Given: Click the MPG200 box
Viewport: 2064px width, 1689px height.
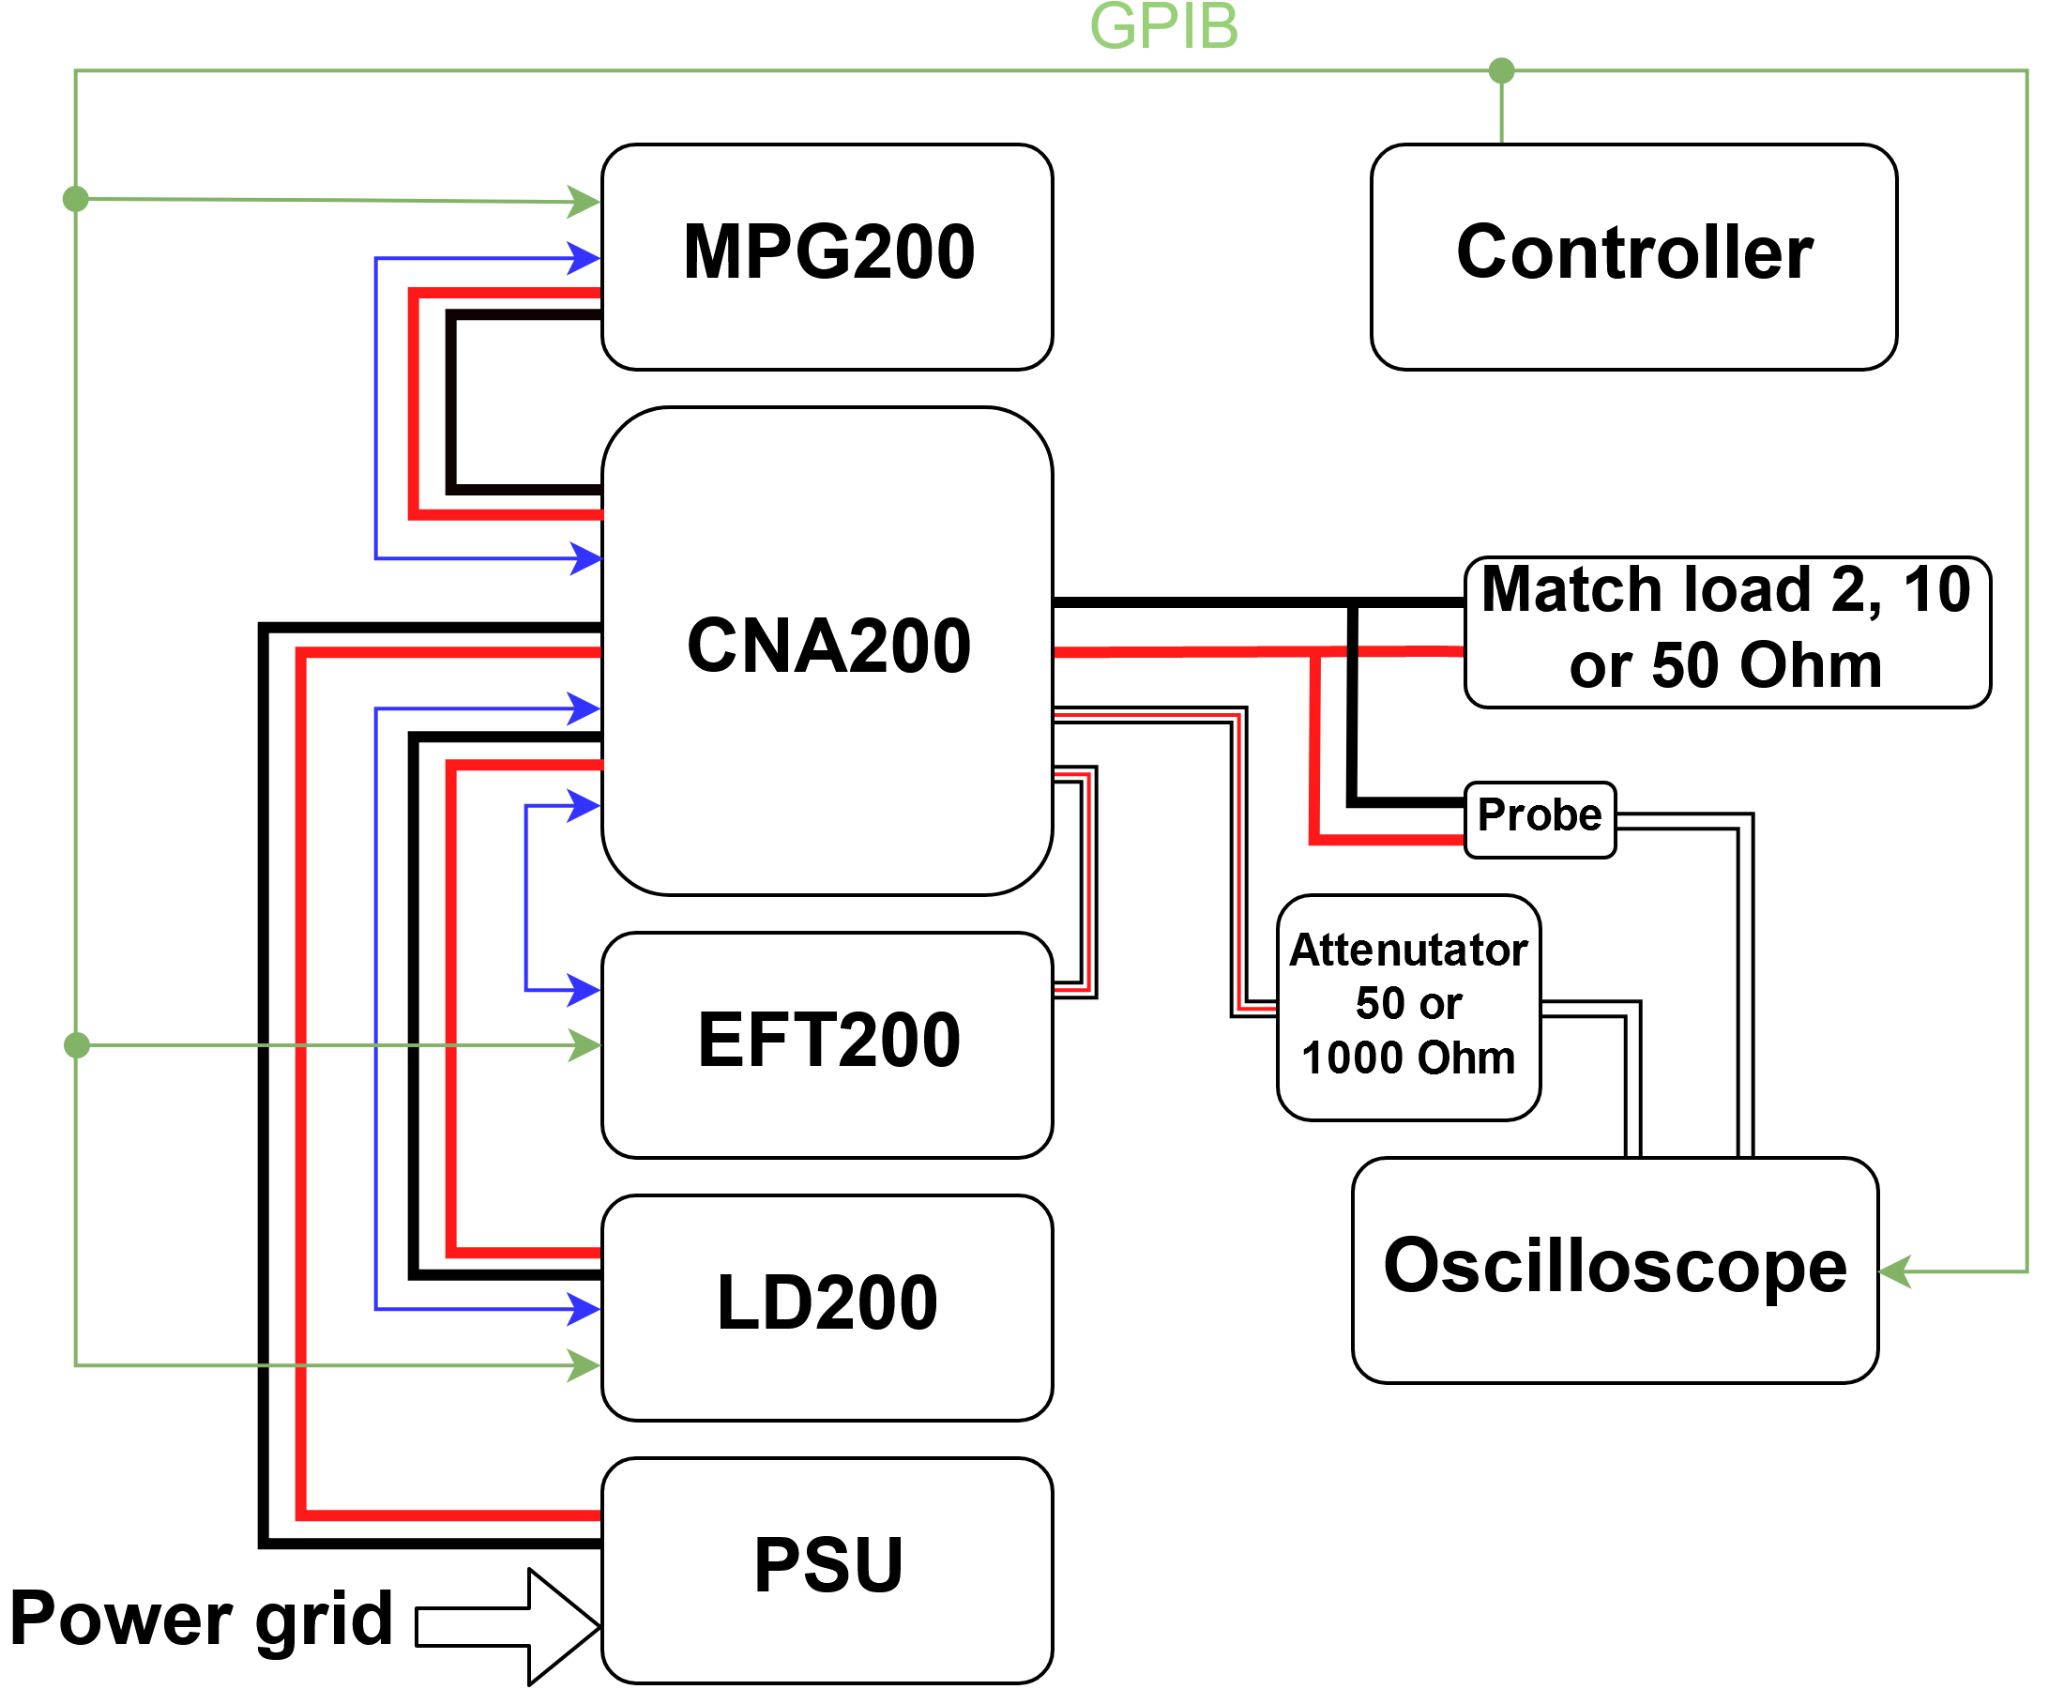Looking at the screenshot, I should pyautogui.click(x=827, y=256).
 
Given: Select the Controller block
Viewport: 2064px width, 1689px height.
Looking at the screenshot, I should pyautogui.click(x=1633, y=256).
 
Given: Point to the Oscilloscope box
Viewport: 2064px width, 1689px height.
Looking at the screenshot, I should pyautogui.click(x=1615, y=1269).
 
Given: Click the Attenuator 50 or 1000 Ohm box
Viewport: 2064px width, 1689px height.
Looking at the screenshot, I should pyautogui.click(x=1408, y=1006).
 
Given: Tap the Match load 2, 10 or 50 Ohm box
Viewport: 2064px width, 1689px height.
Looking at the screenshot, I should pyautogui.click(x=1726, y=631).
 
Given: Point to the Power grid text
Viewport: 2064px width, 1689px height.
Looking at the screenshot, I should pyautogui.click(x=202, y=1618).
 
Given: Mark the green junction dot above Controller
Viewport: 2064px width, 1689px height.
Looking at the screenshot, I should pyautogui.click(x=1501, y=70).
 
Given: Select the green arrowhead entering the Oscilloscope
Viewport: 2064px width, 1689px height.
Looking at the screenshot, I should pyautogui.click(x=1896, y=1271).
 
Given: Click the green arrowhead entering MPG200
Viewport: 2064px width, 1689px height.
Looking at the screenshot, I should pyautogui.click(x=584, y=202).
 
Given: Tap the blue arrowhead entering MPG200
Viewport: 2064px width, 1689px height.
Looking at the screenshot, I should pyautogui.click(x=584, y=258).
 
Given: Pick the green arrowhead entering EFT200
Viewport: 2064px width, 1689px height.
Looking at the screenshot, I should pyautogui.click(x=584, y=1045).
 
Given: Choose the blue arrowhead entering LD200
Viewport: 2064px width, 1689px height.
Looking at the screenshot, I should pyautogui.click(x=584, y=1309).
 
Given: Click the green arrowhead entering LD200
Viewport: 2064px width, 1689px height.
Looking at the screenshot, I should pyautogui.click(x=584, y=1365).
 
